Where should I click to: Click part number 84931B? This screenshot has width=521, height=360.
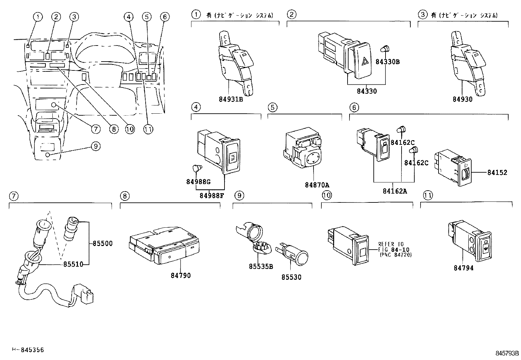[x=231, y=99]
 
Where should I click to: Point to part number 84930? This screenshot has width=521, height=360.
[x=462, y=99]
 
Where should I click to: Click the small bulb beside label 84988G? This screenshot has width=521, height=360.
[x=197, y=168]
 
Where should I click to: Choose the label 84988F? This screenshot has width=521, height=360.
[x=212, y=196]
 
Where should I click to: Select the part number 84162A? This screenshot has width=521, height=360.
[x=395, y=191]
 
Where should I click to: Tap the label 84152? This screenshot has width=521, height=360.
[x=497, y=172]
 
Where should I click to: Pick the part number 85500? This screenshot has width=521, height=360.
[x=102, y=243]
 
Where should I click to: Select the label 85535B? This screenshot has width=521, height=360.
[x=260, y=266]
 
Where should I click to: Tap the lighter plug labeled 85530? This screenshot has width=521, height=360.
[x=293, y=254]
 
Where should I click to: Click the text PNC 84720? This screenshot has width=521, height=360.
[x=395, y=255]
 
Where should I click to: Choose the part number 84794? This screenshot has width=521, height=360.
[x=463, y=268]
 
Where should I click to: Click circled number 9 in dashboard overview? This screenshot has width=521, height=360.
[x=95, y=146]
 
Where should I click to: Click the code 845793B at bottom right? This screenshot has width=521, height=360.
[x=507, y=353]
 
